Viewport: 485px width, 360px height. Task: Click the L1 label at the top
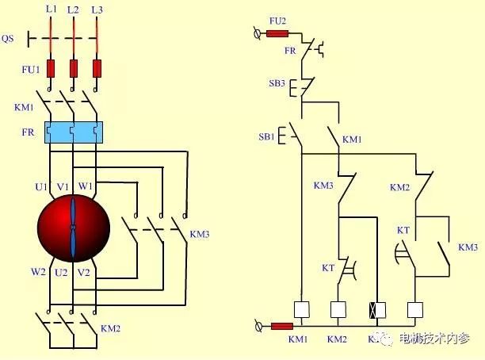pos(52,9)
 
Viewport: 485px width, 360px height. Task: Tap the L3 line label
pos(97,10)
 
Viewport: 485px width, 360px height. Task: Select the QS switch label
pos(10,37)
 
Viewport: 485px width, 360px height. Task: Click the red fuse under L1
pos(52,69)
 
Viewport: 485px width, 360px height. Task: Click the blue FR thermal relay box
pos(74,132)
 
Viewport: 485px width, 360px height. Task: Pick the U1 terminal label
pos(41,186)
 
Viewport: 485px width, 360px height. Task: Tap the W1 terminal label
pos(85,186)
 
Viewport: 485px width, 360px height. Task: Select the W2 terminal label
pos(38,272)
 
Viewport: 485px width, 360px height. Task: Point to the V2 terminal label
pos(85,272)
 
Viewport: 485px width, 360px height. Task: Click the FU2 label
pos(278,19)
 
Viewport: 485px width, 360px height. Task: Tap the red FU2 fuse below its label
pos(277,33)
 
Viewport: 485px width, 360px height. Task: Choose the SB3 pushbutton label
pos(277,82)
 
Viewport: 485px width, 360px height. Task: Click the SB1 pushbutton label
pos(266,136)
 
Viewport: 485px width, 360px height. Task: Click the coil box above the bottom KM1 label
pos(300,310)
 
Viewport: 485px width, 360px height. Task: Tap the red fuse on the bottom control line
pos(281,326)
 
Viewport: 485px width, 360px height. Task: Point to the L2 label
pos(74,10)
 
